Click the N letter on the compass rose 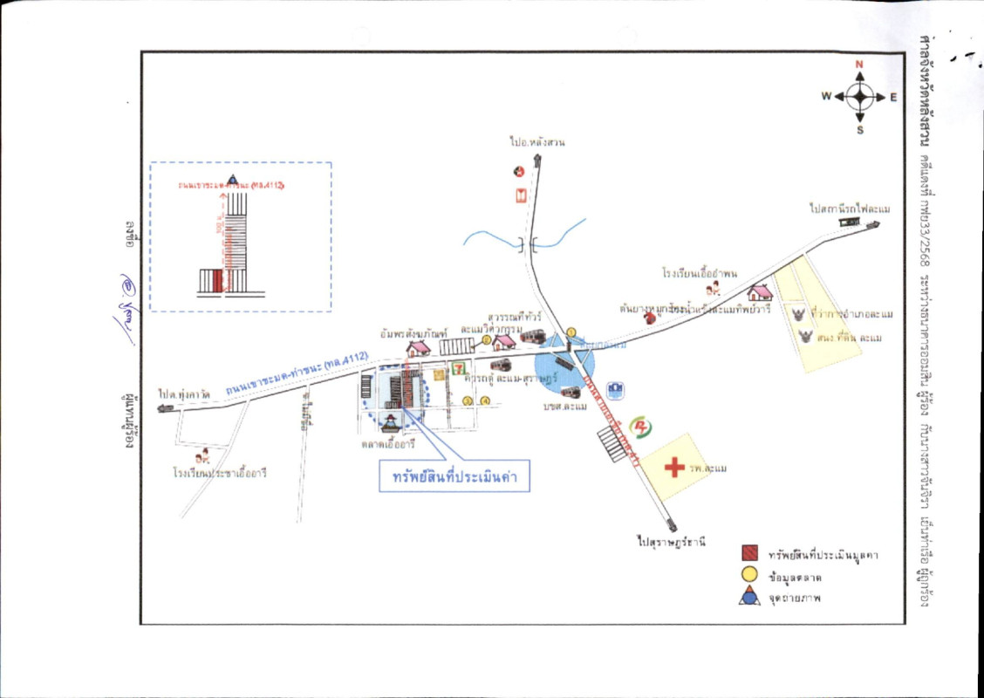859,65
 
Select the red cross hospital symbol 674,468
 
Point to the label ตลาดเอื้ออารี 388,443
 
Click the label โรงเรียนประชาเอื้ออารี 219,473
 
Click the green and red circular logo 642,425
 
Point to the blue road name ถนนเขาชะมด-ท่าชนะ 298,371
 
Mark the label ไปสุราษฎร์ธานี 670,542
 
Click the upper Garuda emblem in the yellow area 797,313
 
